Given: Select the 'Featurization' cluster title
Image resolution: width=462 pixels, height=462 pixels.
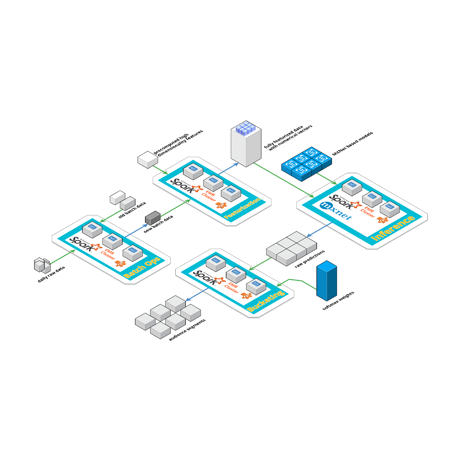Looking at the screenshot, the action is click(x=242, y=208).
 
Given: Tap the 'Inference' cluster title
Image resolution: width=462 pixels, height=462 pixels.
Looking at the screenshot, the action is click(x=393, y=228).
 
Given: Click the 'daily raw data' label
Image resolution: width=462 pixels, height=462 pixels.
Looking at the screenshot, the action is click(x=51, y=274).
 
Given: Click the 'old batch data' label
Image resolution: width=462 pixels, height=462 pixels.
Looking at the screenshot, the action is click(x=132, y=210).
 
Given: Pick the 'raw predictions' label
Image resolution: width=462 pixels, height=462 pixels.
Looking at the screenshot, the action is click(x=310, y=259).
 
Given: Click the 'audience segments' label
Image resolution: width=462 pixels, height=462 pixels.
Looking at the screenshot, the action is click(x=187, y=330).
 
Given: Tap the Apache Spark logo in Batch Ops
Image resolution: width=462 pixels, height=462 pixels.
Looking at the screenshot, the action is click(x=82, y=244).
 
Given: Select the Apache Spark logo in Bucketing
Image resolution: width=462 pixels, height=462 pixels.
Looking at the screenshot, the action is click(x=206, y=277).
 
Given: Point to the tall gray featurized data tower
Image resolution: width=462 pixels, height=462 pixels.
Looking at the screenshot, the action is click(x=246, y=145).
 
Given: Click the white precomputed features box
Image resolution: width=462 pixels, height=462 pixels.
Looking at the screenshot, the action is click(x=148, y=159).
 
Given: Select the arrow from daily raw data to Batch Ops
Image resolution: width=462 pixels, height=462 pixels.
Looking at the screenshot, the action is click(x=63, y=257).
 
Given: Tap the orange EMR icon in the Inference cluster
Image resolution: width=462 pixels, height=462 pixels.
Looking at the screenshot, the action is click(x=382, y=220).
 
